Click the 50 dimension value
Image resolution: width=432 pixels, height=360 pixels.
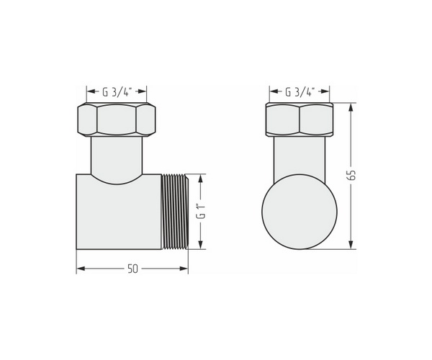point(132,269)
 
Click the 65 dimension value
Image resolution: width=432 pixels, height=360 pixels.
point(351,175)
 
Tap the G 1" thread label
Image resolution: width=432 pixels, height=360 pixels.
point(201,211)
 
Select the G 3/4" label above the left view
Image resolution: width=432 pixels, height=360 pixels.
point(117,92)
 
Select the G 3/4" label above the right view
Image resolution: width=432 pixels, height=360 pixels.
point(300,92)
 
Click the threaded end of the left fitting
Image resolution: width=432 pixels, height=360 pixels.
point(175,212)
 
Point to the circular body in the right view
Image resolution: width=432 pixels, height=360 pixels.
point(300,212)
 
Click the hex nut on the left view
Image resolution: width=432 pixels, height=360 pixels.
point(117,120)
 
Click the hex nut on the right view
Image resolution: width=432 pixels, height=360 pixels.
point(300,120)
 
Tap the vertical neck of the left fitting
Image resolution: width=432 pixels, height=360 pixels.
point(117,157)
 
